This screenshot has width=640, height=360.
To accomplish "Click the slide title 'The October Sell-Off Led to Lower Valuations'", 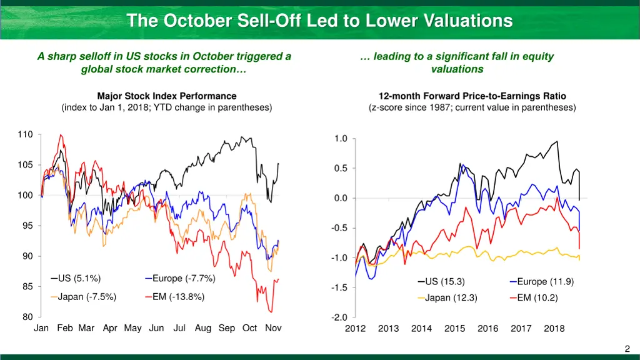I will coord(319,21).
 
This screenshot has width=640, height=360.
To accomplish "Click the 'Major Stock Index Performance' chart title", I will coord(167,96).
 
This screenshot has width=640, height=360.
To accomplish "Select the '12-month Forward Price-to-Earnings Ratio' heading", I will coord(472,96).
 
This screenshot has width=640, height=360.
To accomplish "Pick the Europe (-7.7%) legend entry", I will coord(183,279).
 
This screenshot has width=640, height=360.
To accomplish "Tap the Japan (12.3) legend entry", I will coord(451,298).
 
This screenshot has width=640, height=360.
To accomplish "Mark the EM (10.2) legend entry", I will coord(537,298).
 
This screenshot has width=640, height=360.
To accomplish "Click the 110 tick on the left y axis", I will coord(26,134).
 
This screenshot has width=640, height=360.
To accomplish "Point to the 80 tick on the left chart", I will coord(28,317).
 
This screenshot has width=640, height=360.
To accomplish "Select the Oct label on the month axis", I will coord(249,328).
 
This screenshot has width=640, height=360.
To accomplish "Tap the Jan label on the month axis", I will coord(41,328).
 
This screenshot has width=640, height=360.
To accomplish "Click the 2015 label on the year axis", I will coord(454,329).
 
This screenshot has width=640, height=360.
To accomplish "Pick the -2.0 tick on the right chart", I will coord(339,317).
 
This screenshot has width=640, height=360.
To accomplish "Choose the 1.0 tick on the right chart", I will coord(341,139).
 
